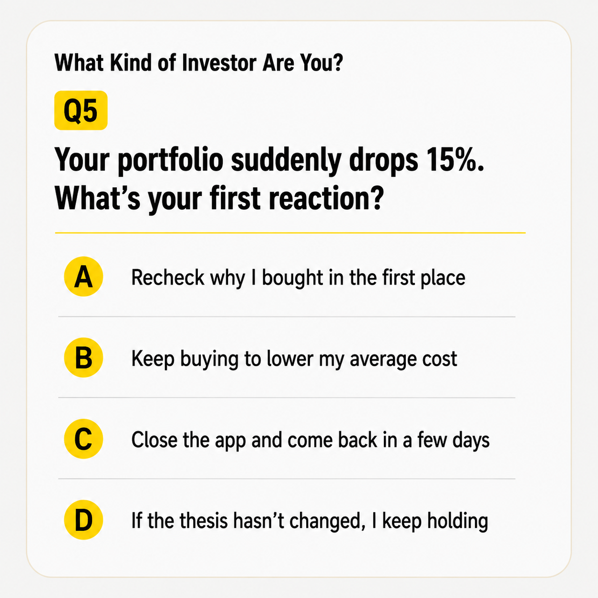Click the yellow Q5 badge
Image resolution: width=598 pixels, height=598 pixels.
(81, 110)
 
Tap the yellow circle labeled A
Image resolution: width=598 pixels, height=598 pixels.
(83, 277)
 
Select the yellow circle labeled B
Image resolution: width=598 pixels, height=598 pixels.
(83, 358)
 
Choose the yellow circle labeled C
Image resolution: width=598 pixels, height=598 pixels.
(83, 439)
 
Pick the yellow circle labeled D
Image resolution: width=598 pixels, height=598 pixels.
(83, 520)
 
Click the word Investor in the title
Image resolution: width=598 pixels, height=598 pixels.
(219, 63)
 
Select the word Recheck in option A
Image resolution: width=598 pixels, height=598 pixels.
(168, 278)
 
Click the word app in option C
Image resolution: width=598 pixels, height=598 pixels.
(230, 441)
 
